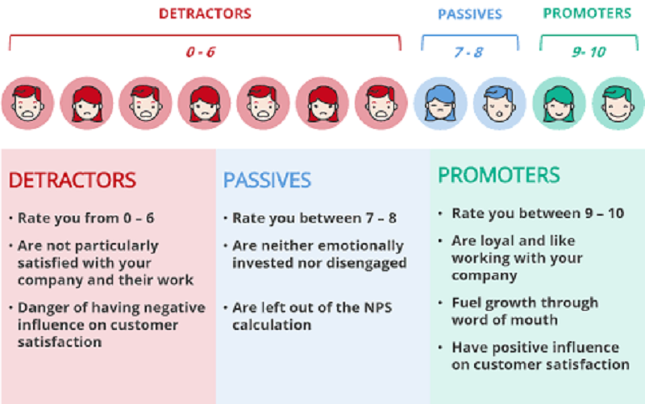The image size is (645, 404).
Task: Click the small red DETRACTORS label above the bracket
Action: click(x=205, y=14)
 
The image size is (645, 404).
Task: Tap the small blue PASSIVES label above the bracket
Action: click(x=470, y=14)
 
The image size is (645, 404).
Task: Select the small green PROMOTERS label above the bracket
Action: click(x=587, y=13)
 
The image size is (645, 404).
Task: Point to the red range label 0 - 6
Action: click(x=200, y=52)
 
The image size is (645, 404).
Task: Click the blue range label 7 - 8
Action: click(x=468, y=52)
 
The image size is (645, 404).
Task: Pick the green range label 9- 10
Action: click(x=589, y=52)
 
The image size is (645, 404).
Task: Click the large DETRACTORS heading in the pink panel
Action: click(x=73, y=180)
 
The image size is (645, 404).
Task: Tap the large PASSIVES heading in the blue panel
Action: click(x=267, y=180)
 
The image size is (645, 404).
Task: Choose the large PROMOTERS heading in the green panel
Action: click(x=498, y=175)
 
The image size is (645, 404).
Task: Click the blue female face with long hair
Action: click(x=440, y=103)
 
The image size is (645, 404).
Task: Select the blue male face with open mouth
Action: click(x=499, y=103)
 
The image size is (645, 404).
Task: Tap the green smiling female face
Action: click(x=559, y=103)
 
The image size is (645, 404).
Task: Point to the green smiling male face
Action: click(x=618, y=103)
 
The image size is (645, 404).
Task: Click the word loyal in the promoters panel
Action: click(x=497, y=241)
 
